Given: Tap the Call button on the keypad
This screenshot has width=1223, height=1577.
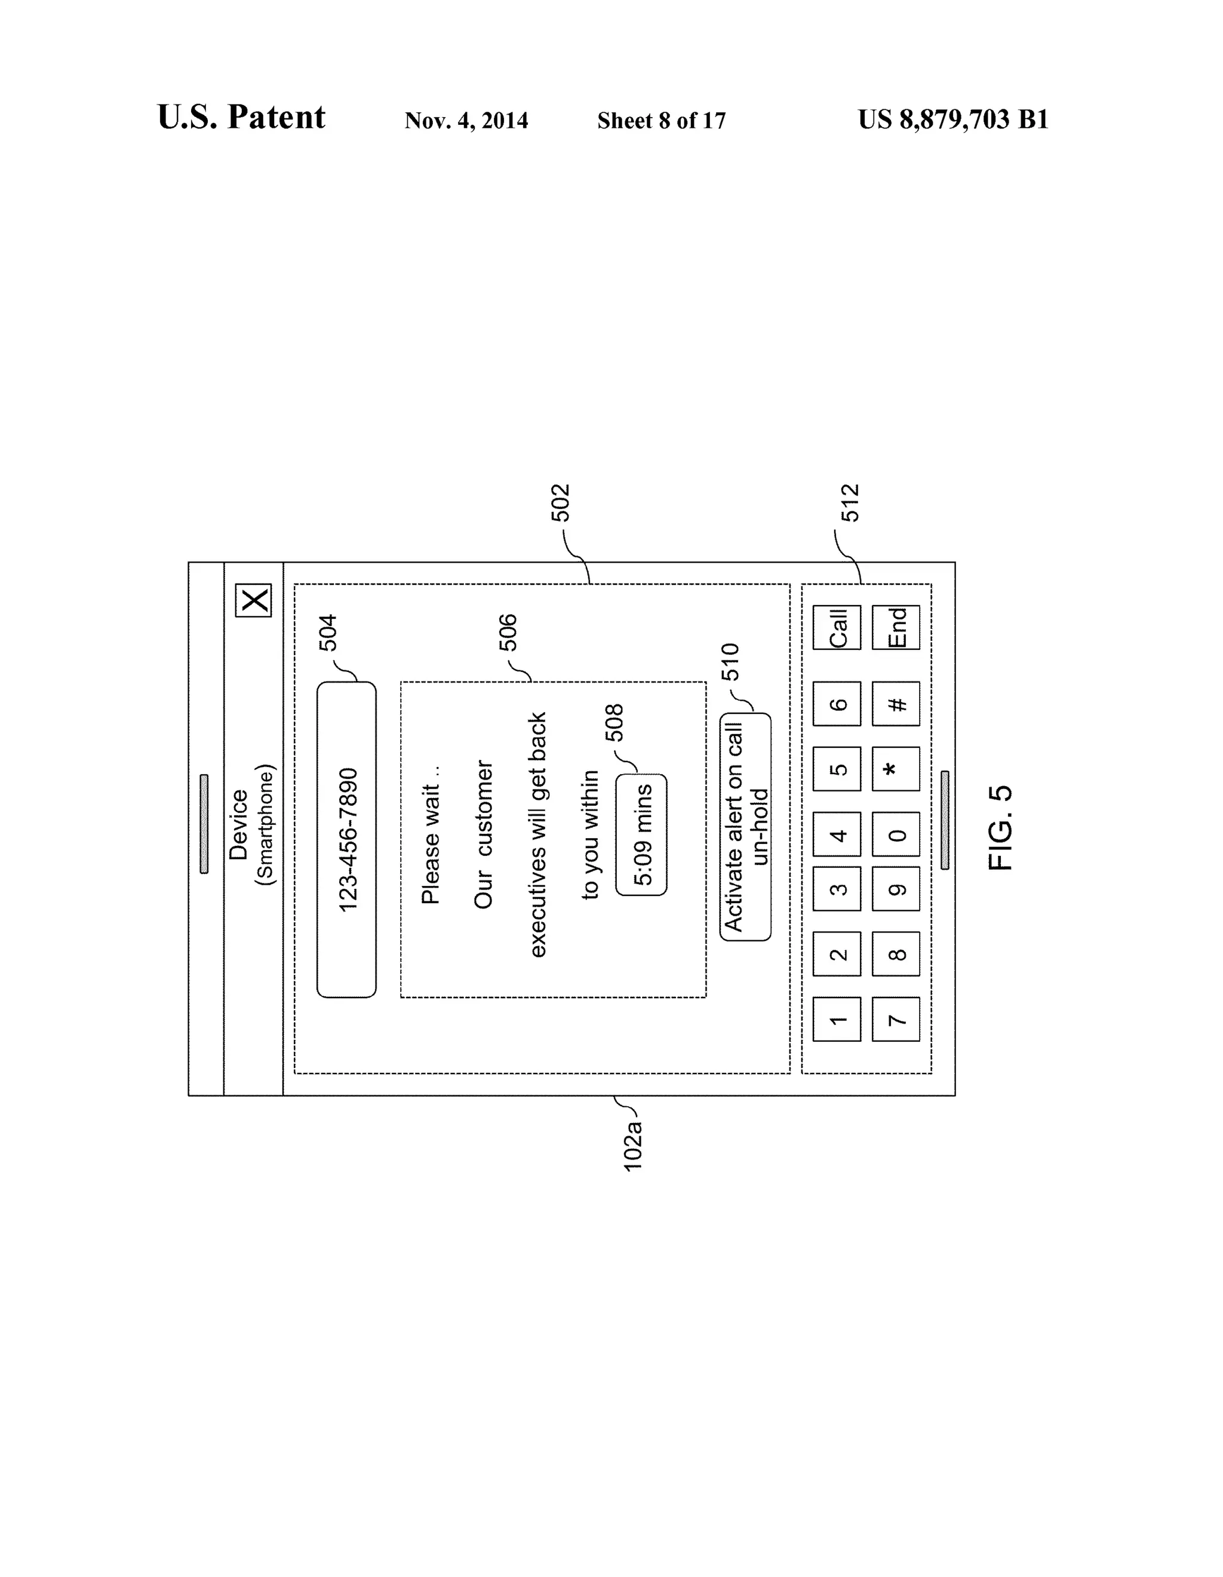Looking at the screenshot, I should point(837,627).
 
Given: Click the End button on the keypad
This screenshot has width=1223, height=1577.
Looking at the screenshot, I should point(895,627).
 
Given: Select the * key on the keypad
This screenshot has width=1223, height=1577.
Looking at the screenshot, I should point(895,769).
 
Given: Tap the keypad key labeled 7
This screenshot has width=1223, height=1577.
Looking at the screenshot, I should point(895,1020).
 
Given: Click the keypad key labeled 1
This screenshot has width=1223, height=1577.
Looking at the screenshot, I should point(837,1020).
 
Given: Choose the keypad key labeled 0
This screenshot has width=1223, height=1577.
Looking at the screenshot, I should point(895,834).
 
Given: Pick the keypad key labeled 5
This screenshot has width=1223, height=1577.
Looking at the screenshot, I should point(837,769).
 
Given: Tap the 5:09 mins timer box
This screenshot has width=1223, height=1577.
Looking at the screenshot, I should point(641,834).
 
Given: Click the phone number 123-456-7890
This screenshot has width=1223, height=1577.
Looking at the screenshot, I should point(348,840).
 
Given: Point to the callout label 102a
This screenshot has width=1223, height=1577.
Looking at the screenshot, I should point(632,1145).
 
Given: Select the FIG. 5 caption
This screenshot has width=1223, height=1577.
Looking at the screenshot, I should point(1001,827).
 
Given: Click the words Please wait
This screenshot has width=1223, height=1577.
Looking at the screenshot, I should point(431,845).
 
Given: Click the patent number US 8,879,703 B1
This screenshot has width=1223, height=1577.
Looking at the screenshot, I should point(953,119).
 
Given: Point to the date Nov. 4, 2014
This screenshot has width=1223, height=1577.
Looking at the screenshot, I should point(466,120).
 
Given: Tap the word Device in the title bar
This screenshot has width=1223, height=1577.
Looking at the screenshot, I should point(238,824).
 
